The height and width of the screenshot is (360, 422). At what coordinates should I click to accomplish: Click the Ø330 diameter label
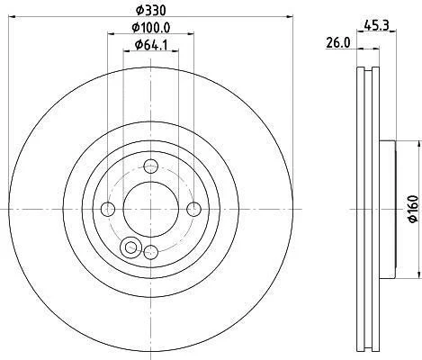(150, 11)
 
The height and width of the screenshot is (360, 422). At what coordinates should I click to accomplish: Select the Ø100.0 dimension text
(151, 28)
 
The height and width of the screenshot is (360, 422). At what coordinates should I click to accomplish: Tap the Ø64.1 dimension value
(151, 45)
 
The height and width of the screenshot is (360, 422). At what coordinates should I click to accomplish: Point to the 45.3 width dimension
(376, 25)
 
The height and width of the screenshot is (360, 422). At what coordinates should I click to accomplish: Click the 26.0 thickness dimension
(338, 43)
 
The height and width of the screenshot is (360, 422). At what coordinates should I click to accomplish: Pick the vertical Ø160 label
(413, 209)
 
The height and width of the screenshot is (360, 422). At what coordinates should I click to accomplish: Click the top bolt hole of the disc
(150, 166)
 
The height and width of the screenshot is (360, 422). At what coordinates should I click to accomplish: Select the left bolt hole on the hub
(108, 209)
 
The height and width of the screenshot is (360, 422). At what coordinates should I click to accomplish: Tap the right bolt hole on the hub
(193, 209)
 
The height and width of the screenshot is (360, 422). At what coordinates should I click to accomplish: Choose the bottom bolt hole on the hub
(151, 251)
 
